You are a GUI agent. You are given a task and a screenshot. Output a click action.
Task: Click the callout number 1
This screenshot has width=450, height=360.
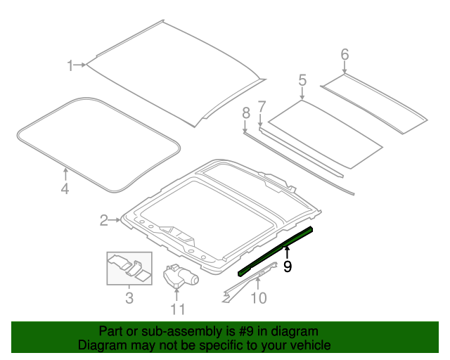coord(70,65)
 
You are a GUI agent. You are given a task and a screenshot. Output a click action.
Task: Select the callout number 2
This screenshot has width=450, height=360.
coord(104,221)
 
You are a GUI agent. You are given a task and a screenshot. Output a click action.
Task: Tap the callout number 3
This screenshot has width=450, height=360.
coord(129,299)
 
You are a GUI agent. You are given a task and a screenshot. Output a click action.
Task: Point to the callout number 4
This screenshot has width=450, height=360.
coord(64,189)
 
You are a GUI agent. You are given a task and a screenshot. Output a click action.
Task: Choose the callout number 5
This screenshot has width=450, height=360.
coord(302,80)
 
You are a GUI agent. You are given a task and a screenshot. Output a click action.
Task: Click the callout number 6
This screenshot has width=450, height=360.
coord(345,54)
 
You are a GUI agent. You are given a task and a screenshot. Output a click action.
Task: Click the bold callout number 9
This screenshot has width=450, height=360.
coord(287,266)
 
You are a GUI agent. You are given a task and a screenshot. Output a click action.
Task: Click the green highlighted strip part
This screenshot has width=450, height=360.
coord(276,250)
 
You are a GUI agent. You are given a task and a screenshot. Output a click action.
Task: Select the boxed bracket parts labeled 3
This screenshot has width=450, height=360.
coord(129,268)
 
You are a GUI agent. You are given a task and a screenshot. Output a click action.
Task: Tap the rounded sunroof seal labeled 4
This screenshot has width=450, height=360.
coord(98,144)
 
